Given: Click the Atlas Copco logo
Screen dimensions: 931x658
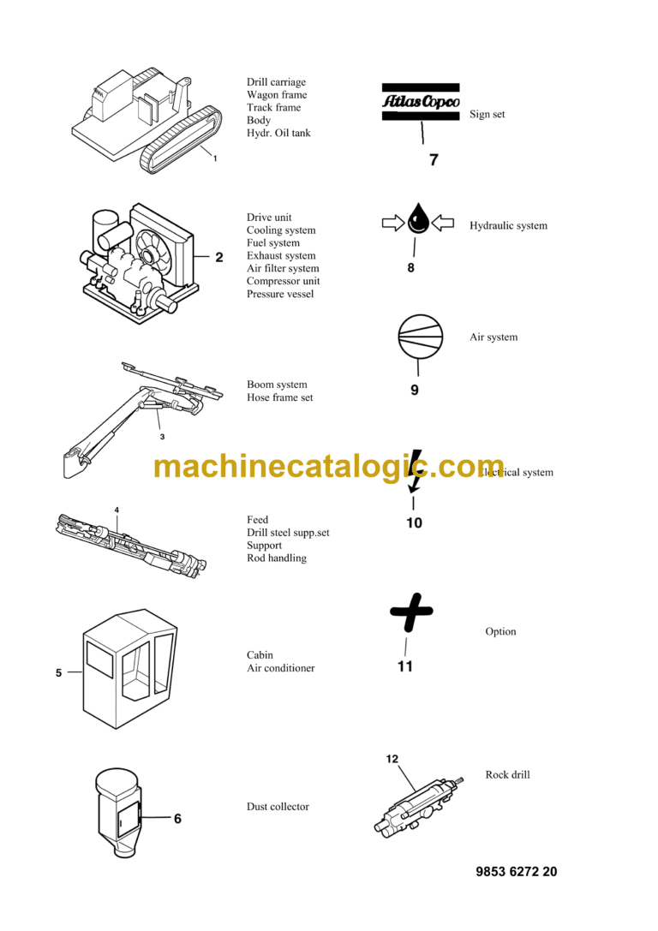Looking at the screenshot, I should coord(420,102).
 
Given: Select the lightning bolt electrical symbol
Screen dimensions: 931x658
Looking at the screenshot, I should coord(416,471).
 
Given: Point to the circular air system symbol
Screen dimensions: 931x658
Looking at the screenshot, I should coord(420,335).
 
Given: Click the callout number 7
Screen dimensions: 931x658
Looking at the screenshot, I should coord(434,159).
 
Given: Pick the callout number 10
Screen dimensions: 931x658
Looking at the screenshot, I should coord(414,522).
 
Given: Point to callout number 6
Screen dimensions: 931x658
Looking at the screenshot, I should coord(177,819).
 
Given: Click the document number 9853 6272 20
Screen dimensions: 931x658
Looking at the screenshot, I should coord(516,872).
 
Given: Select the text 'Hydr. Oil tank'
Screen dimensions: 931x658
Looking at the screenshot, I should coord(278,134).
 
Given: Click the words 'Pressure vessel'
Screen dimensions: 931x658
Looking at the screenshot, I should coord(280,295).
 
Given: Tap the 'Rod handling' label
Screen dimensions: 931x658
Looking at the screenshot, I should coord(276,558).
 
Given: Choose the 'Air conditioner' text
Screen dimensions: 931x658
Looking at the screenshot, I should coord(280,668).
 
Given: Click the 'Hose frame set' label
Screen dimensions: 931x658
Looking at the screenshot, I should coord(279,397).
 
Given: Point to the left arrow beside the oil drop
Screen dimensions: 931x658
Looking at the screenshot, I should coord(392,224).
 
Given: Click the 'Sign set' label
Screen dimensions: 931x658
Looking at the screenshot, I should coord(487,115).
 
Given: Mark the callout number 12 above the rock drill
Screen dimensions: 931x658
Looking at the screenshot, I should coord(392,759).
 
